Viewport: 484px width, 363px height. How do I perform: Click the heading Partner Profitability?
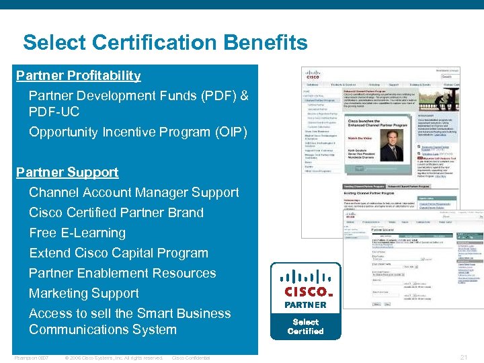pos(79,75)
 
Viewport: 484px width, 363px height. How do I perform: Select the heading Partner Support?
pos(67,172)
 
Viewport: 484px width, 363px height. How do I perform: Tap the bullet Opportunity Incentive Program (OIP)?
pos(138,132)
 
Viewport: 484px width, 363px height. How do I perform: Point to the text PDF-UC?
pos(54,112)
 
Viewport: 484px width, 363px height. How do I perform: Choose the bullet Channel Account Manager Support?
pos(134,192)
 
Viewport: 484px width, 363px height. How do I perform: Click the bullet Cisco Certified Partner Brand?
pos(116,212)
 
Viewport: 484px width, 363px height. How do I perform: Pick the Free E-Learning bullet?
pos(77,233)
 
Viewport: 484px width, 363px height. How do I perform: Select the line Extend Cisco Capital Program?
pos(118,253)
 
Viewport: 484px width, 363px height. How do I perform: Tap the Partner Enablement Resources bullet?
pos(122,273)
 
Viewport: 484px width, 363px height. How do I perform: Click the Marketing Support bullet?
pos(84,293)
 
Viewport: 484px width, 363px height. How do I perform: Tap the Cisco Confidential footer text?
pos(191,358)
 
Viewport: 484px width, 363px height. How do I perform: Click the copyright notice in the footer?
pos(114,358)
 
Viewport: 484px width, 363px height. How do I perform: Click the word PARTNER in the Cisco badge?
pos(305,305)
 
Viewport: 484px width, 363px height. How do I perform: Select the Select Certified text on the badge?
pos(306,326)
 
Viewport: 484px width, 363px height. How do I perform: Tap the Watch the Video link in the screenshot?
pos(361,138)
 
